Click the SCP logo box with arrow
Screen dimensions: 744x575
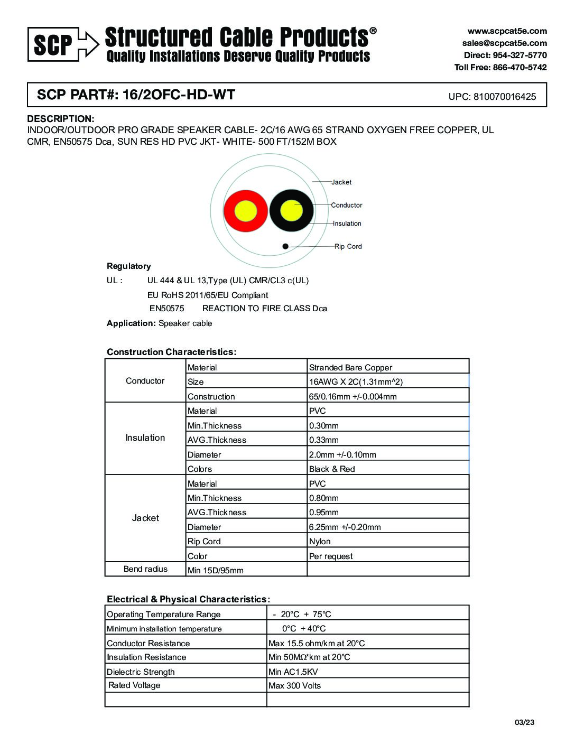tap(62, 44)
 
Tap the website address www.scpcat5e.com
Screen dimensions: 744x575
tap(507, 31)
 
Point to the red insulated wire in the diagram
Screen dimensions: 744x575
tap(245, 211)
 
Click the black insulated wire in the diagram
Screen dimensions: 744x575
tap(291, 211)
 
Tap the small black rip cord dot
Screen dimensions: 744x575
tap(285, 246)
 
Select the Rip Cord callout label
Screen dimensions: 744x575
tap(348, 246)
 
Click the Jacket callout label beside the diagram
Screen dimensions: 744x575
tap(341, 182)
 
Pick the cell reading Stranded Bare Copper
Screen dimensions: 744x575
tap(350, 368)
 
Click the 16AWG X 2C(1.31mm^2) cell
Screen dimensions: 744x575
tap(356, 382)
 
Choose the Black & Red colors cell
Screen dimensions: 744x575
tap(332, 469)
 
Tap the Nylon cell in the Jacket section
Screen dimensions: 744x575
tap(320, 542)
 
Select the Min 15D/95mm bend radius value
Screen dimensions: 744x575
tap(216, 571)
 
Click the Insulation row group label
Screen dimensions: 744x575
tap(145, 438)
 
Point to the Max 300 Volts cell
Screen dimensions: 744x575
tap(294, 686)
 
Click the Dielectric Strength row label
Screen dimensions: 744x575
tap(141, 672)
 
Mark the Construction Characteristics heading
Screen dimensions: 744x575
tap(171, 352)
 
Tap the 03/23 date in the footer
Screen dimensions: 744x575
tap(524, 722)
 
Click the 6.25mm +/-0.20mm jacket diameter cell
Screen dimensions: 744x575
tap(345, 527)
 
